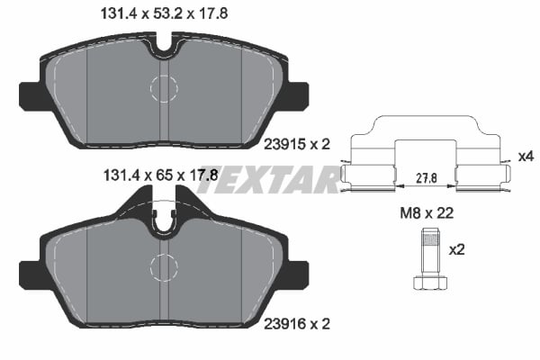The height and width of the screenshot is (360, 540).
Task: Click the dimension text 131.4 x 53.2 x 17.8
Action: (157, 13)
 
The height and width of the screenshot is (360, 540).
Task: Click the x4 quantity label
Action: (526, 157)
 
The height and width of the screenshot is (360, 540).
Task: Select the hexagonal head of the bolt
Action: (430, 282)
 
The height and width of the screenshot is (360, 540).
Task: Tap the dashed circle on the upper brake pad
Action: (164, 88)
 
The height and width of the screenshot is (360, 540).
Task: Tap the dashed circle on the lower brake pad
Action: (164, 267)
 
